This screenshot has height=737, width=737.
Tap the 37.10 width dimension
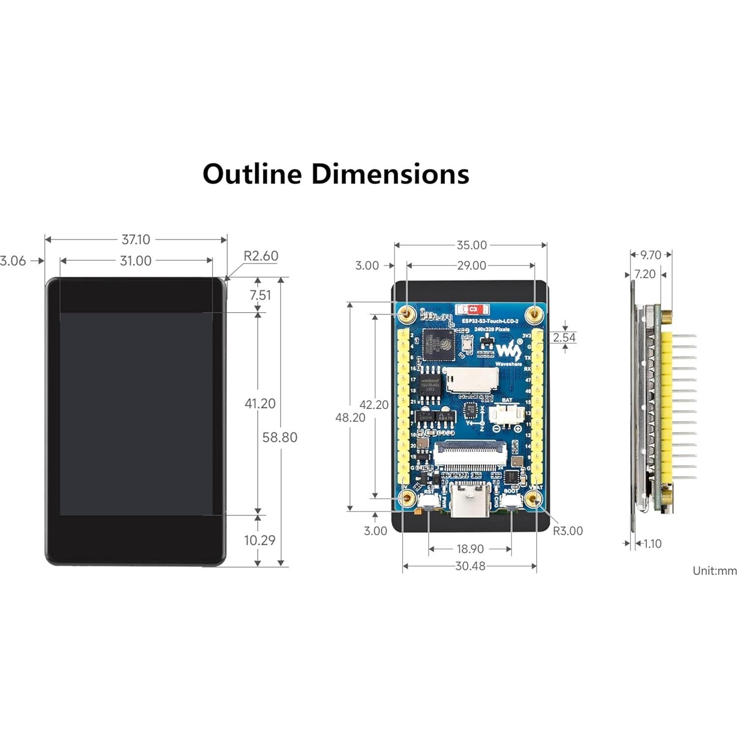135,240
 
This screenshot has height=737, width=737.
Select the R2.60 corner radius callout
260,256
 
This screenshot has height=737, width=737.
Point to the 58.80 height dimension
280,437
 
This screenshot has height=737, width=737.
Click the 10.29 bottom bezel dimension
259,540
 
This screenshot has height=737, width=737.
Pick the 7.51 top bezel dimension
260,295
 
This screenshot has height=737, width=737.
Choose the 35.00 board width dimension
471,245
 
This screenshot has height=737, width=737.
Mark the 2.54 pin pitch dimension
564,338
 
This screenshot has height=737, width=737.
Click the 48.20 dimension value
350,417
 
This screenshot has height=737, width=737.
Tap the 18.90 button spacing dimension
470,549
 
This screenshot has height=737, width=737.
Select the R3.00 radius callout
567,531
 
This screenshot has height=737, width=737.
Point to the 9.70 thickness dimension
650,255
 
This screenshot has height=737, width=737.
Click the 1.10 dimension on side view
652,544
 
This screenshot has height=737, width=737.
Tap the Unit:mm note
714,571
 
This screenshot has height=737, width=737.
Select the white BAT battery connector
506,414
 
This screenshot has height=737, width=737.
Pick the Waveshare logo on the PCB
508,351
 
